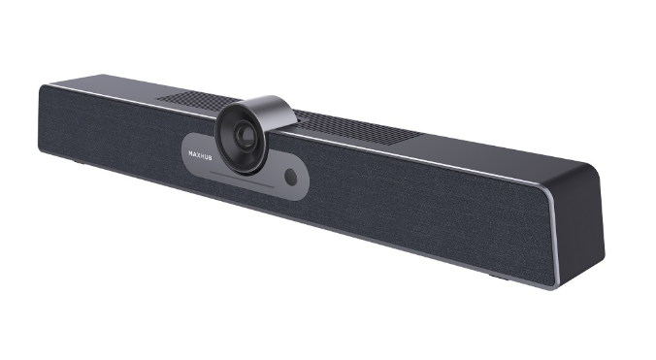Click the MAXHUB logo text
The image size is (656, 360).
pos(198,151)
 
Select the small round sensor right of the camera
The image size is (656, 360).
pos(291,176)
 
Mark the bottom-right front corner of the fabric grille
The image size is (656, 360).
pos(543,283)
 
